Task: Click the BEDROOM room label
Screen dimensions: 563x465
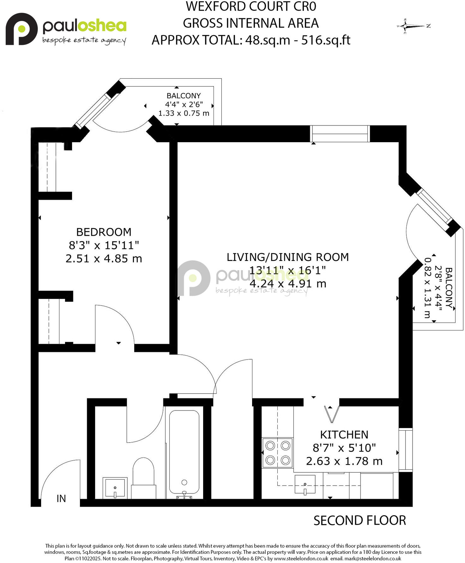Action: [x=104, y=232]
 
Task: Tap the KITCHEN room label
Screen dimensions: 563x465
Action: [x=344, y=435]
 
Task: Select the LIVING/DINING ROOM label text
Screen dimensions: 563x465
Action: [x=287, y=257]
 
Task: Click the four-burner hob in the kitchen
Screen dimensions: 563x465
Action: [x=278, y=453]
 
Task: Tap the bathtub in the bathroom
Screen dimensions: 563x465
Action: [x=184, y=452]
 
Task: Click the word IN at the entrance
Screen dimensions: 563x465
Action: [x=61, y=499]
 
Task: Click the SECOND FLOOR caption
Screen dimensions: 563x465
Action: [x=359, y=521]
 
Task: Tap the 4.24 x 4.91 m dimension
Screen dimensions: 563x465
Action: [x=288, y=284]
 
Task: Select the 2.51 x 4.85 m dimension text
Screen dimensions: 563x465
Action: [x=104, y=259]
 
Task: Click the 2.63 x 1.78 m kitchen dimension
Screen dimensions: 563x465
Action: [x=344, y=461]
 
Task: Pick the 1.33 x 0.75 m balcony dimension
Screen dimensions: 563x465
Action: [x=184, y=113]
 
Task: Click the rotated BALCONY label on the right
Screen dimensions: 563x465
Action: [x=449, y=288]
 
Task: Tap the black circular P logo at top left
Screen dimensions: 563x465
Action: [x=21, y=29]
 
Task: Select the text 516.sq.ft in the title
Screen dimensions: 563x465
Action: [x=326, y=40]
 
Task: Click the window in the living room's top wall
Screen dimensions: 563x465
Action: [x=340, y=134]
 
